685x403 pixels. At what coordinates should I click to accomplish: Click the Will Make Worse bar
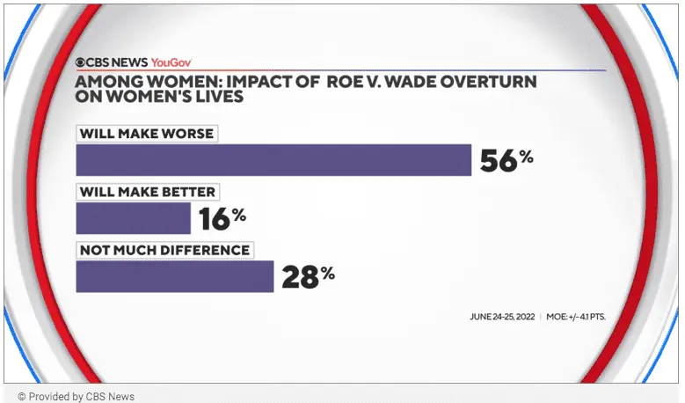pos(273,159)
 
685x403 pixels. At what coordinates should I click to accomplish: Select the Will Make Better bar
pos(134,217)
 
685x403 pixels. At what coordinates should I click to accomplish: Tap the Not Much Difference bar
pos(175,275)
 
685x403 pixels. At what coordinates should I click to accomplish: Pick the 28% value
pos(307,275)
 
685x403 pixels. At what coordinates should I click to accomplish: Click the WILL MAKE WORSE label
pos(146,134)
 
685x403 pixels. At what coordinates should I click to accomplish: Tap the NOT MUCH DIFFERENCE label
pos(164,250)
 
